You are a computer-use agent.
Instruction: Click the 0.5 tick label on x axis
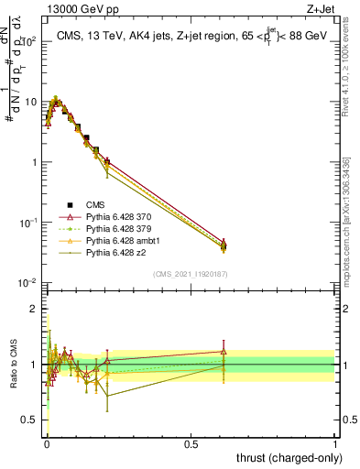pyautogui.click(x=191, y=442)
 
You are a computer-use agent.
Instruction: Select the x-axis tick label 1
pyautogui.click(x=336, y=442)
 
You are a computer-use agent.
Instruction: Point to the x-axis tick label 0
pyautogui.click(x=46, y=442)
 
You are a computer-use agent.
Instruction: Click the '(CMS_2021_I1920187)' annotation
pyautogui.click(x=191, y=274)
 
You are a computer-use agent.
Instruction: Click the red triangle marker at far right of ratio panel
pyautogui.click(x=223, y=352)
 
